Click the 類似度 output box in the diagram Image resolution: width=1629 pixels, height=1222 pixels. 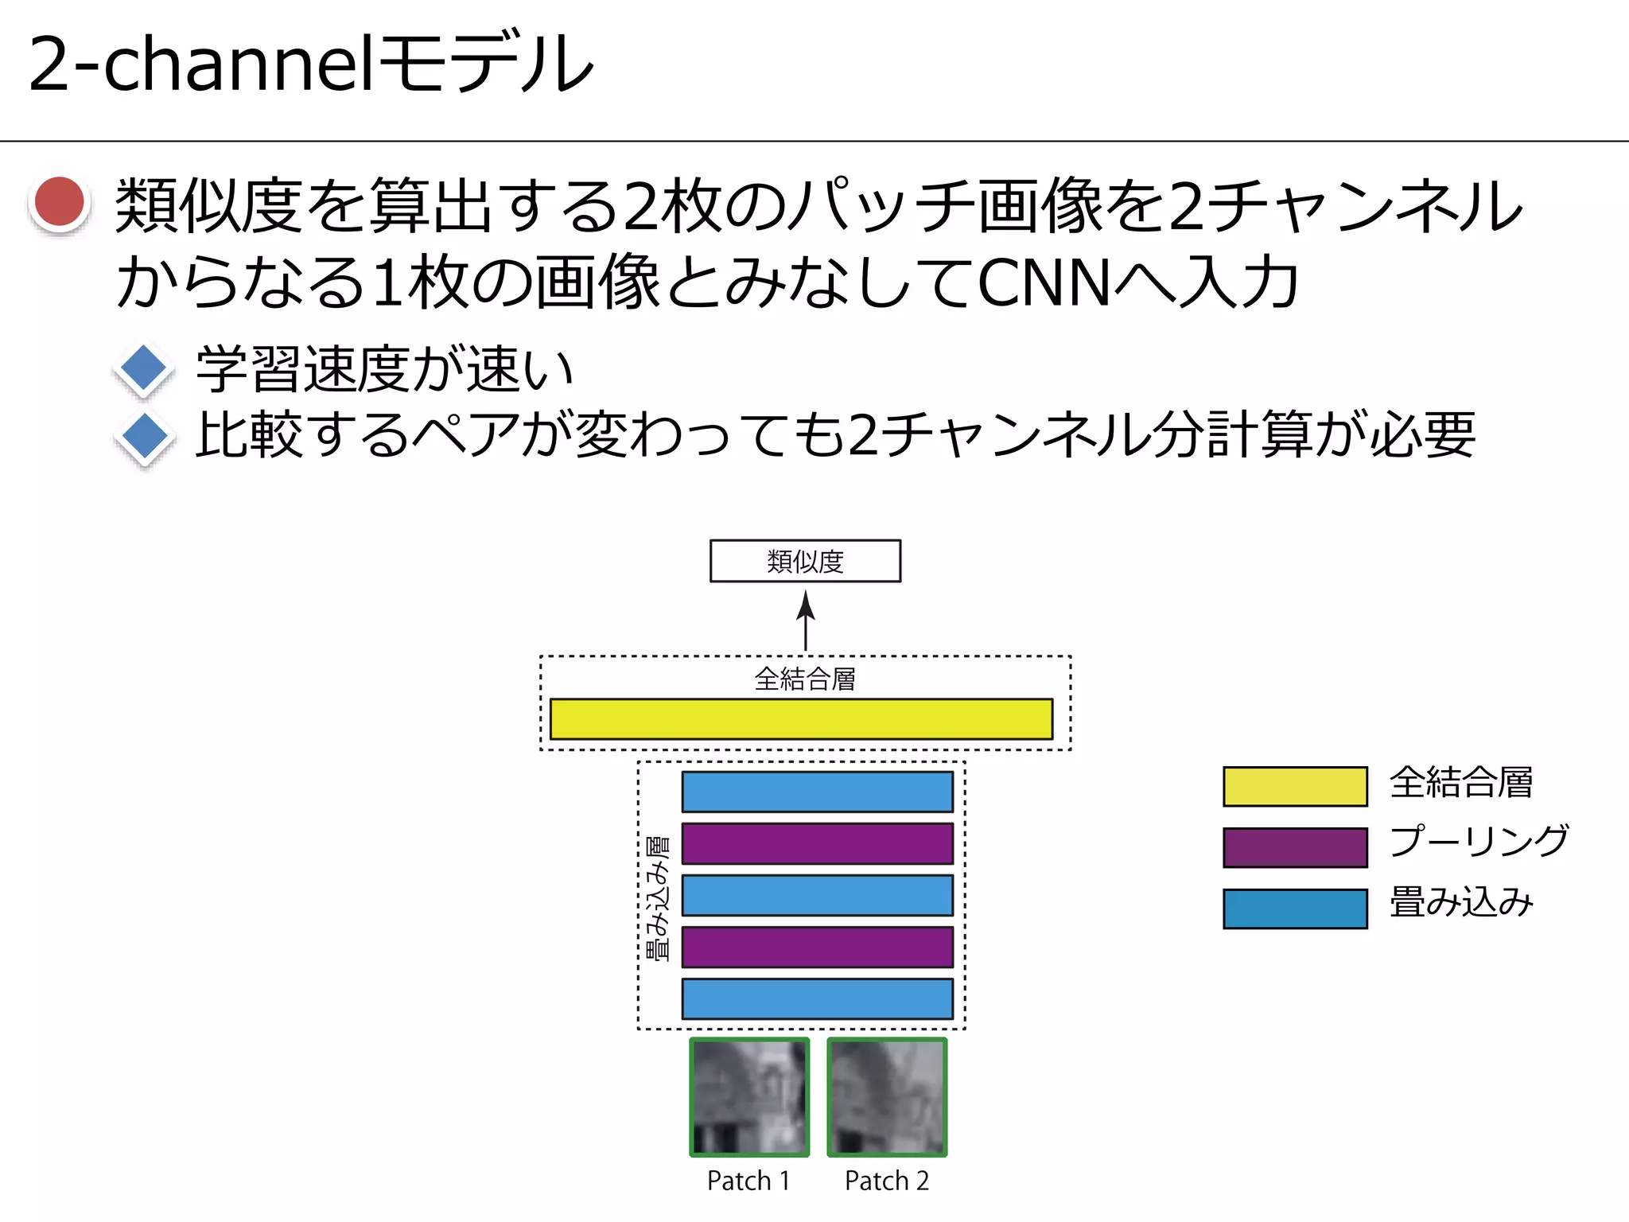click(x=805, y=561)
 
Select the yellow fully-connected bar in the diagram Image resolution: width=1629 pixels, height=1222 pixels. click(x=801, y=719)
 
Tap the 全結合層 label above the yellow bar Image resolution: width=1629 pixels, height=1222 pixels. click(x=804, y=679)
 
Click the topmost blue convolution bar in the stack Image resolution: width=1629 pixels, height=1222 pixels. click(x=817, y=792)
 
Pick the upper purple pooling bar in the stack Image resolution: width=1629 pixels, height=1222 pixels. click(x=817, y=843)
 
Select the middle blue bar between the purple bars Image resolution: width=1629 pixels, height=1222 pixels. click(x=817, y=895)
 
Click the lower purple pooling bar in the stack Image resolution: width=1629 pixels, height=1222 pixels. click(x=817, y=947)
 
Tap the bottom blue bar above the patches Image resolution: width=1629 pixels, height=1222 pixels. click(x=817, y=998)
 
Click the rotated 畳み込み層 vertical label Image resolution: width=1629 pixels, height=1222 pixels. click(x=658, y=898)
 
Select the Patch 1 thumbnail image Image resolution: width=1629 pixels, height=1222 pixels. click(x=749, y=1097)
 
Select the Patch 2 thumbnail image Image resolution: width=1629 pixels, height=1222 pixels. click(x=887, y=1097)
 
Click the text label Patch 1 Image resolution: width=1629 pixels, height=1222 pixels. click(x=748, y=1181)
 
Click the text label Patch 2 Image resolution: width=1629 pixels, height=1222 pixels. click(x=887, y=1181)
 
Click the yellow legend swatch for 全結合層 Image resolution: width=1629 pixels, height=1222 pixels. click(x=1295, y=786)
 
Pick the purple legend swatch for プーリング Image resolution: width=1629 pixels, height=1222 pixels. click(x=1295, y=847)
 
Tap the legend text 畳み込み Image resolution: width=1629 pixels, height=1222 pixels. click(x=1461, y=902)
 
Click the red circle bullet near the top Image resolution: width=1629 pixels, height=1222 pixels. click(x=60, y=202)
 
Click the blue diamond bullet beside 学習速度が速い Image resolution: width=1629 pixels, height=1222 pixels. click(x=144, y=369)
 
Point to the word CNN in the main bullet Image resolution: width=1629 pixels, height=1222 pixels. click(x=1043, y=283)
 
